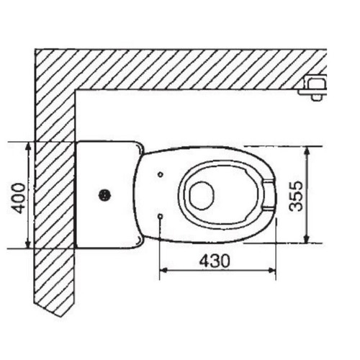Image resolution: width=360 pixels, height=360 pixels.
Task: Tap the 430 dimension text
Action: (x=215, y=261)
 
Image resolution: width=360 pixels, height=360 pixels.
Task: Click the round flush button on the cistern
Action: (x=105, y=194)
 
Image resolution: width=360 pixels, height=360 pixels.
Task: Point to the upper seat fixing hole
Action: (x=160, y=174)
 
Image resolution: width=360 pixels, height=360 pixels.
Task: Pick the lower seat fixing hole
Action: (x=159, y=216)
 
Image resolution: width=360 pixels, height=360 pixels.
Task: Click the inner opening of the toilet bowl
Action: (x=201, y=194)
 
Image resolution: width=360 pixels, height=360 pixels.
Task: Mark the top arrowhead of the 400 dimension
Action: (x=28, y=146)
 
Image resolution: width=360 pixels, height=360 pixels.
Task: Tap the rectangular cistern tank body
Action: (x=105, y=194)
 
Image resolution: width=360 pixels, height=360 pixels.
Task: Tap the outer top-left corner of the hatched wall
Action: (x=35, y=49)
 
